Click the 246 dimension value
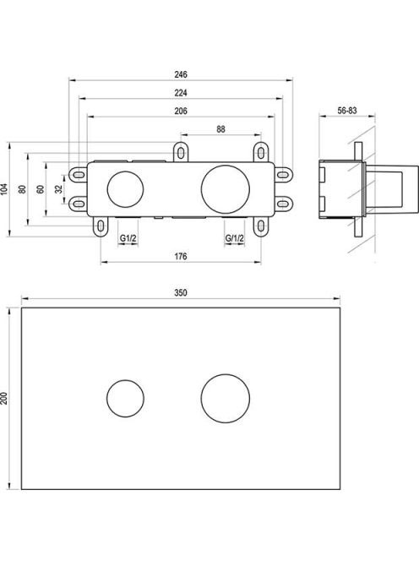[x=181, y=74]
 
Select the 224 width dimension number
[x=181, y=93]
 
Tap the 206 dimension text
[x=181, y=111]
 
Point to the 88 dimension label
[x=220, y=129]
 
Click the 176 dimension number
[x=181, y=256]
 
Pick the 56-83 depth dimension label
[x=347, y=111]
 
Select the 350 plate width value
[x=181, y=292]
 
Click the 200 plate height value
[x=4, y=398]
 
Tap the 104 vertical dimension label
[x=4, y=189]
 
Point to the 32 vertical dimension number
[x=58, y=189]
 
